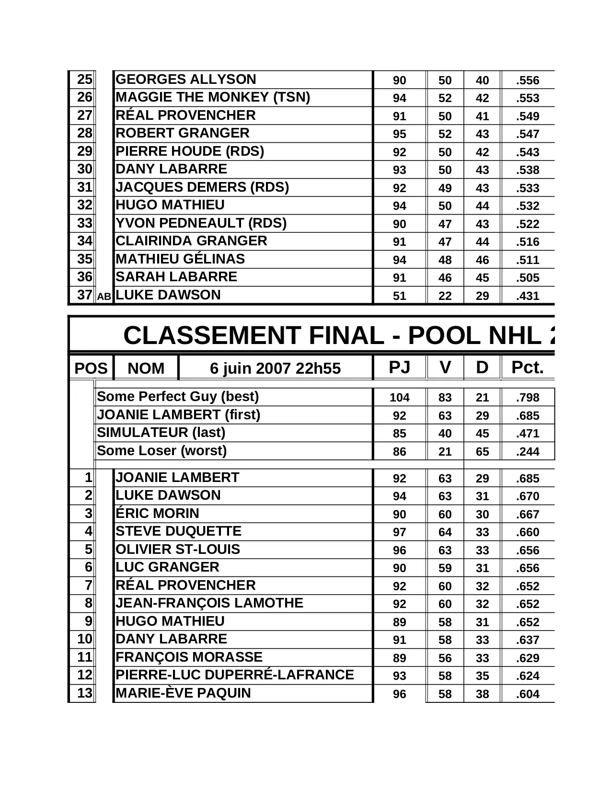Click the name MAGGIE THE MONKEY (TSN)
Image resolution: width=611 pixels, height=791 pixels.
[213, 97]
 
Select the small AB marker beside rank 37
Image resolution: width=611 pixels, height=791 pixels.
[104, 297]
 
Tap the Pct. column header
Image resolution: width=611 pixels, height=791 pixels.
[527, 367]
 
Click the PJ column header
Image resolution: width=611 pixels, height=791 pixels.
[399, 367]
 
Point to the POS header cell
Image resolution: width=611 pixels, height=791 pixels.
[91, 368]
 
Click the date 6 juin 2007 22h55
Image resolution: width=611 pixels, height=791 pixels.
[275, 368]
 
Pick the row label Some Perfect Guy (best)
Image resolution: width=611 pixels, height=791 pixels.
[178, 397]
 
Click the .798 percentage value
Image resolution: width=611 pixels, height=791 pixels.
[528, 398]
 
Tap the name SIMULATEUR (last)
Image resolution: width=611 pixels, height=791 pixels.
[161, 433]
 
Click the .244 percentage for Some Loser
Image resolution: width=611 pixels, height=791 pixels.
[528, 452]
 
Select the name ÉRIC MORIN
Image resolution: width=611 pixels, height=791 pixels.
[157, 514]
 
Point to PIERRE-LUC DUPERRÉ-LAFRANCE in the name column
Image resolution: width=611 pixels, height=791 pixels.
[235, 675]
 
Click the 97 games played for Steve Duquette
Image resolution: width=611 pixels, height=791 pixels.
[399, 532]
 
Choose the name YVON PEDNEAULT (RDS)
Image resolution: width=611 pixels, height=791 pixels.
[201, 223]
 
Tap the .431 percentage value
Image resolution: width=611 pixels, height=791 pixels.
[528, 296]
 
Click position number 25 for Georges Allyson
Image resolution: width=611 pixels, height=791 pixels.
[84, 80]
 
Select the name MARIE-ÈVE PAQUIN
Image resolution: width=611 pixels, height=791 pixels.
[183, 693]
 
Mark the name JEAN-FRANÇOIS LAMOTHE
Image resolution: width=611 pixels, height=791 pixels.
[209, 603]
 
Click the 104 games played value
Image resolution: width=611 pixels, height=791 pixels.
[399, 398]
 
